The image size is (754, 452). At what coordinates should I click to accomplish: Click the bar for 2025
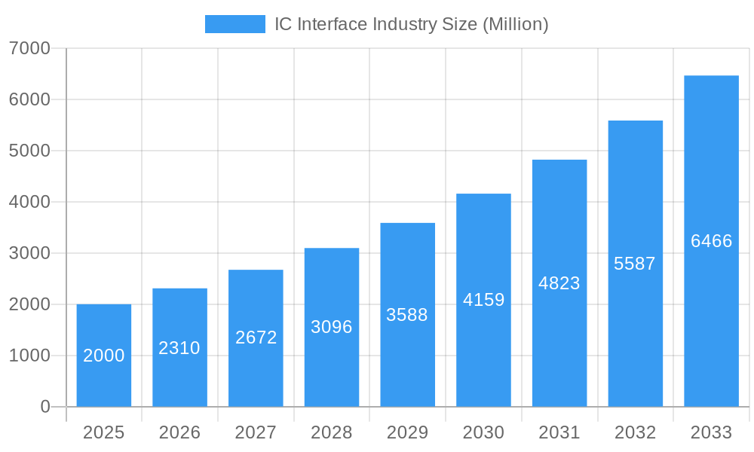pyautogui.click(x=104, y=356)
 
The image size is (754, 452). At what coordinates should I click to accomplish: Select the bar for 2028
pyautogui.click(x=332, y=327)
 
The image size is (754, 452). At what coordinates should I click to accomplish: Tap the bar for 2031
pyautogui.click(x=559, y=283)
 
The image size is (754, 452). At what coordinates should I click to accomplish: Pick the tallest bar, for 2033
pyautogui.click(x=711, y=241)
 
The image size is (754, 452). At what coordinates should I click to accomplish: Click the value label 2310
pyautogui.click(x=179, y=348)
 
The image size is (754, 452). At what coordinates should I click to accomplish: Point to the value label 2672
pyautogui.click(x=256, y=337)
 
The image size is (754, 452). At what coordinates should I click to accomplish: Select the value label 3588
pyautogui.click(x=407, y=315)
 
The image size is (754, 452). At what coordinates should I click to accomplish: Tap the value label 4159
pyautogui.click(x=483, y=300)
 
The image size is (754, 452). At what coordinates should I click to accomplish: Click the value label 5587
pyautogui.click(x=635, y=264)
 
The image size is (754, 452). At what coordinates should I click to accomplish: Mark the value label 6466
pyautogui.click(x=711, y=241)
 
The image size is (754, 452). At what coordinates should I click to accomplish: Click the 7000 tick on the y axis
pyautogui.click(x=29, y=48)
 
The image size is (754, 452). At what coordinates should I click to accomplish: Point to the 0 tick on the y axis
pyautogui.click(x=44, y=407)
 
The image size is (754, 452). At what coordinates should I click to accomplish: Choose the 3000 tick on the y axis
pyautogui.click(x=29, y=253)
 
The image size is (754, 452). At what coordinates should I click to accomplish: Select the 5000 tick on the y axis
pyautogui.click(x=29, y=151)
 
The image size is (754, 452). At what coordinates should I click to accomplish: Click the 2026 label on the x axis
pyautogui.click(x=179, y=432)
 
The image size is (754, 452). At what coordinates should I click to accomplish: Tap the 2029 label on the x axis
pyautogui.click(x=407, y=432)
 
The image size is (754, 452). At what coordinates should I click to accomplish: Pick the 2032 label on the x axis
pyautogui.click(x=635, y=432)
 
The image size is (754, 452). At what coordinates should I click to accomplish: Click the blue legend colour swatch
pyautogui.click(x=235, y=24)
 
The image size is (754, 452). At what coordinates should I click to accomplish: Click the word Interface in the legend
pyautogui.click(x=333, y=24)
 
